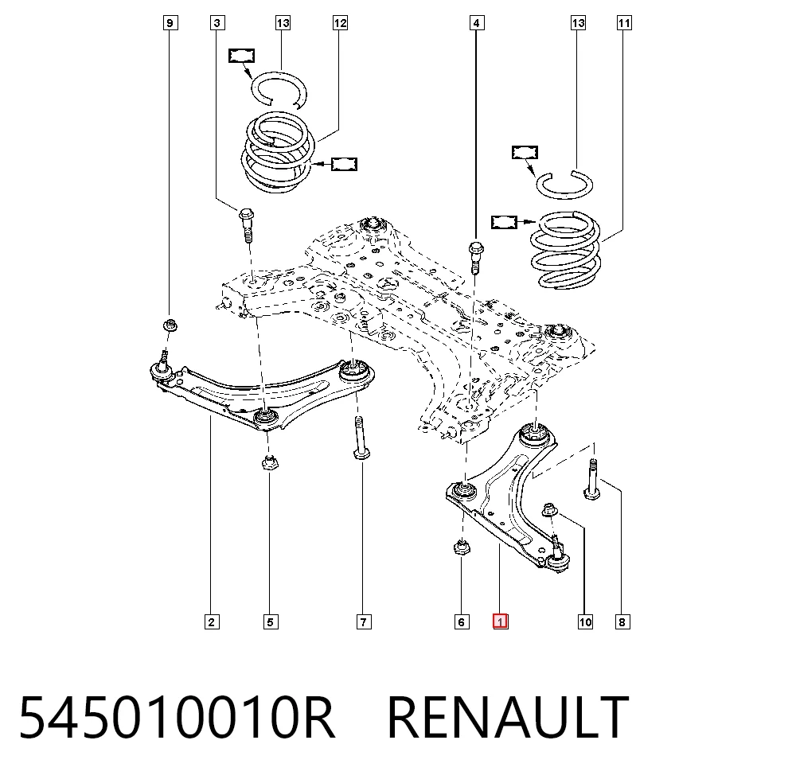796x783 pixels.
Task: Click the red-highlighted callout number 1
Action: tap(500, 621)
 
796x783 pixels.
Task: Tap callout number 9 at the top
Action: tap(170, 23)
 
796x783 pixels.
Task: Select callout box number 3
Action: tap(217, 23)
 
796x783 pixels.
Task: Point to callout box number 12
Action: tap(340, 23)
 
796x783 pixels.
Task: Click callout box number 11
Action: tap(624, 23)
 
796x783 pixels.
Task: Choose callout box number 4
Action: tap(476, 23)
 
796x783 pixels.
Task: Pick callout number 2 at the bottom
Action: tap(212, 621)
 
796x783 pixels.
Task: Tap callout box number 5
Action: tap(271, 621)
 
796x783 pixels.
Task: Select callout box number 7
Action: tap(364, 621)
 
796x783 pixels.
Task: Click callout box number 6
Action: tap(462, 621)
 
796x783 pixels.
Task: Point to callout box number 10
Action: tap(585, 621)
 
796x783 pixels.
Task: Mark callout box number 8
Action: tap(622, 621)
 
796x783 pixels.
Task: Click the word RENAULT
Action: tap(508, 718)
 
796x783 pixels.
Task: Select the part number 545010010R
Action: tap(177, 718)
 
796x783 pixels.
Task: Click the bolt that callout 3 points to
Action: tap(246, 225)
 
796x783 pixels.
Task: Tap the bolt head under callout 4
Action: tap(476, 249)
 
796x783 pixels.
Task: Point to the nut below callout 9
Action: tap(170, 325)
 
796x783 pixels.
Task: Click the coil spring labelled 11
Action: tap(565, 250)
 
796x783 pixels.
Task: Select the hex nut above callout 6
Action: tap(461, 547)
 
